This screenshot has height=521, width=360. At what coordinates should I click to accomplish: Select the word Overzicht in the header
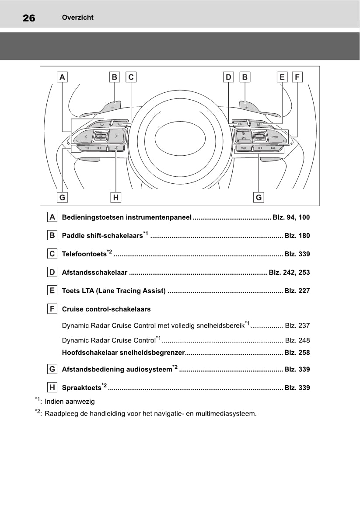[x=78, y=17]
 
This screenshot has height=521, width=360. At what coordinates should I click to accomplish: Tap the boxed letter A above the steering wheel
[x=63, y=77]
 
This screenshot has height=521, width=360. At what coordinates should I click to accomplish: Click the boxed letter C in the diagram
[x=131, y=77]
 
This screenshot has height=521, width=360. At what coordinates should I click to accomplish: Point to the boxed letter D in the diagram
[x=228, y=77]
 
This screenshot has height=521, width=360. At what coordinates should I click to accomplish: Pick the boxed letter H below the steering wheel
[x=115, y=197]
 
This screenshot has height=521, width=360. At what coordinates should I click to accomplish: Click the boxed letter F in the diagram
[x=297, y=77]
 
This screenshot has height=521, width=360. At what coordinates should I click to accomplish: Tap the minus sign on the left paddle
[x=113, y=106]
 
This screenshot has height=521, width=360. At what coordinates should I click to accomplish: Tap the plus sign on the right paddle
[x=247, y=107]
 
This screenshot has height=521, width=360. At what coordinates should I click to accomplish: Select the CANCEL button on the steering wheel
[x=275, y=137]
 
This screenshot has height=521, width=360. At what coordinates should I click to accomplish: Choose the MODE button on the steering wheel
[x=243, y=149]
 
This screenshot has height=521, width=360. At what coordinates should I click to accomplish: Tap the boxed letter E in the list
[x=52, y=290]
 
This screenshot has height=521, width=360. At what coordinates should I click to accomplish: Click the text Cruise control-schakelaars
[x=106, y=309]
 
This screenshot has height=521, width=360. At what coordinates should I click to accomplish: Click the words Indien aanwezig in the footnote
[x=70, y=401]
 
